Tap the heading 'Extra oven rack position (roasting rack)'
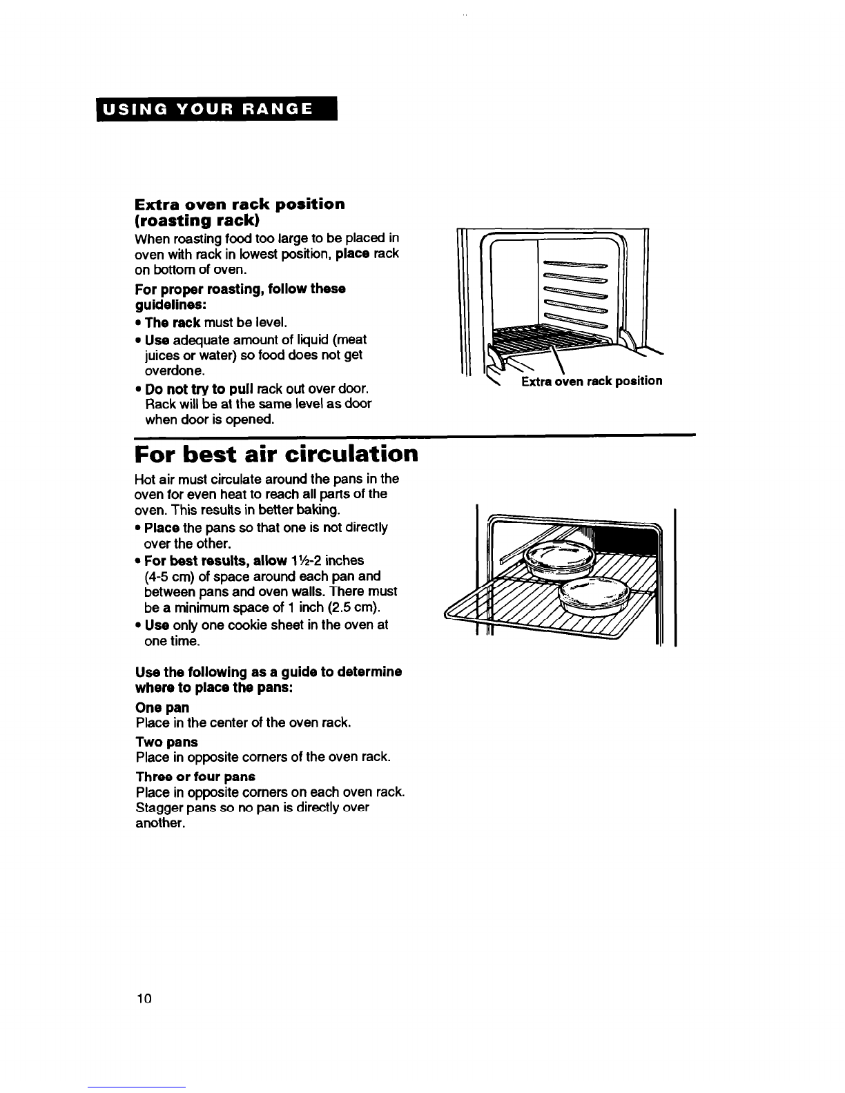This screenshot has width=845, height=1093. coord(240,213)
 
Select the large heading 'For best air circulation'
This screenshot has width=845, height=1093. coord(276,455)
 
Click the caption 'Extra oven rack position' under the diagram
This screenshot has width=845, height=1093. coord(591,381)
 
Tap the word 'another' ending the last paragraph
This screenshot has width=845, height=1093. coord(159,824)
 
